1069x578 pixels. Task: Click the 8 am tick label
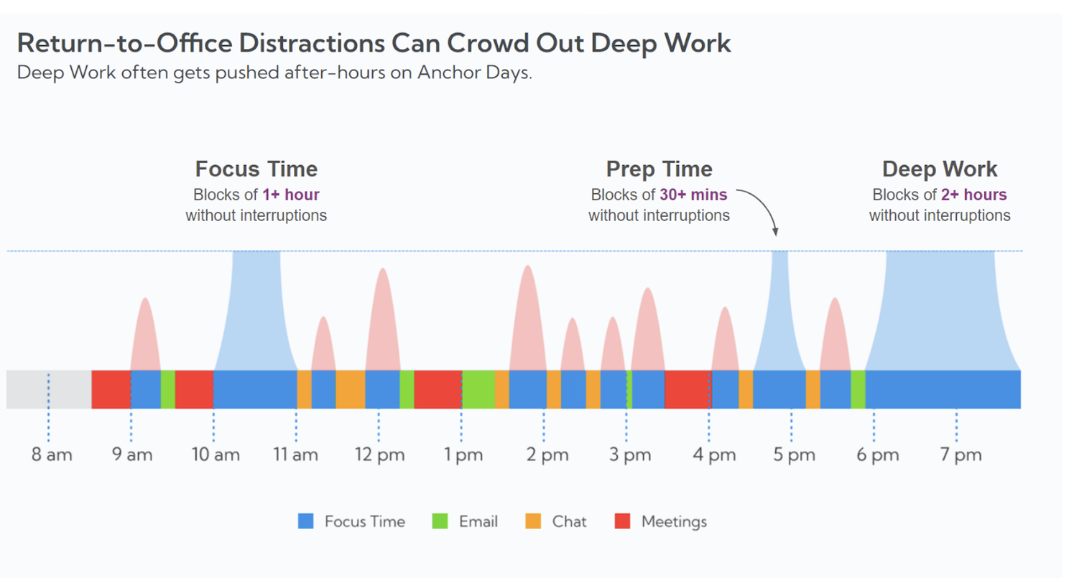[52, 455]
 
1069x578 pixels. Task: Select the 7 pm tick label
[961, 455]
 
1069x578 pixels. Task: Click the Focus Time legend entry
[351, 521]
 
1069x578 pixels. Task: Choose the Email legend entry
[466, 521]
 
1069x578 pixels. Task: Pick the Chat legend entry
[557, 521]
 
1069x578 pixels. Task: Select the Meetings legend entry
[661, 521]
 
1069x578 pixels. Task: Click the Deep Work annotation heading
[940, 169]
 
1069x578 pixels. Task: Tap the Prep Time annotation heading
[660, 169]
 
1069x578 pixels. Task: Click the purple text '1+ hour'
[291, 195]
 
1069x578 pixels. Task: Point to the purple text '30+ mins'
[694, 195]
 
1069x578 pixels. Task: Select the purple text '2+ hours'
[973, 195]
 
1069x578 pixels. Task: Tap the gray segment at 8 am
[49, 389]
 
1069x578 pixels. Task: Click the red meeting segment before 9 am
[111, 389]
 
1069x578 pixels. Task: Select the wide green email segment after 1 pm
[478, 389]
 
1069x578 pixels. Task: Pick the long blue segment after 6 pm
[943, 389]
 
